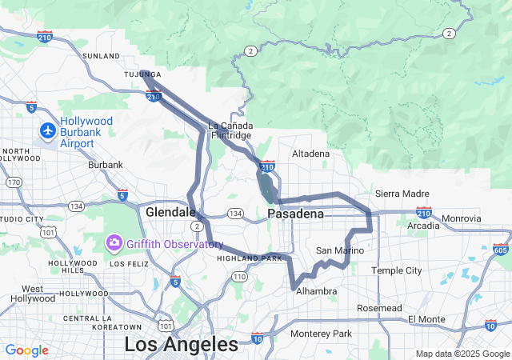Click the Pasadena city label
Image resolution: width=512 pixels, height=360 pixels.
pyautogui.click(x=295, y=214)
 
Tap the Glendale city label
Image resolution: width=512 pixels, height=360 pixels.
pyautogui.click(x=170, y=212)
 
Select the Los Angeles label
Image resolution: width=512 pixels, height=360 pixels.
pyautogui.click(x=181, y=345)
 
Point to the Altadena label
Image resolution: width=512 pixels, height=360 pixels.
pyautogui.click(x=310, y=153)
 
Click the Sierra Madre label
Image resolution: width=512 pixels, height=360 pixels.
pyautogui.click(x=402, y=194)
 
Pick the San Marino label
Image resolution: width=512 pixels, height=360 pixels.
pyautogui.click(x=340, y=250)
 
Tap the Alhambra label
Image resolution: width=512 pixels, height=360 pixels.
pyautogui.click(x=317, y=291)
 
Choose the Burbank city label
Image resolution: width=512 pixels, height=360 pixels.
pyautogui.click(x=106, y=165)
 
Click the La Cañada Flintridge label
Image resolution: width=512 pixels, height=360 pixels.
pyautogui.click(x=230, y=130)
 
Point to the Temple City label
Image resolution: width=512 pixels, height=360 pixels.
pyautogui.click(x=397, y=270)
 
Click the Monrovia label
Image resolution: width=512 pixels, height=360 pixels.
pyautogui.click(x=462, y=218)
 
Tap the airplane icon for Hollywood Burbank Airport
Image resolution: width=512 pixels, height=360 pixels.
pyautogui.click(x=48, y=130)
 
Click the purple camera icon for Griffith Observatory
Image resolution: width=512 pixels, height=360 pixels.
pyautogui.click(x=114, y=242)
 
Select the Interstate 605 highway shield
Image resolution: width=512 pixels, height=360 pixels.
pyautogui.click(x=502, y=250)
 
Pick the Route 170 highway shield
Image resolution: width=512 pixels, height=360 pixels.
pyautogui.click(x=14, y=182)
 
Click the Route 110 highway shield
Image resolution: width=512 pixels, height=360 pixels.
pyautogui.click(x=239, y=276)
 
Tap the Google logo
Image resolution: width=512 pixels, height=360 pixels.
pyautogui.click(x=26, y=350)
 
